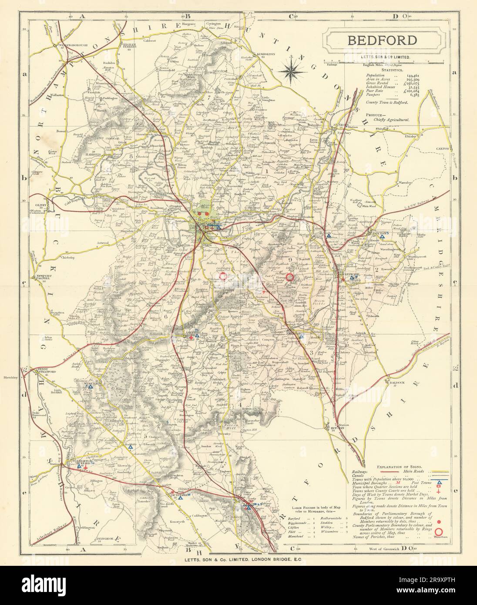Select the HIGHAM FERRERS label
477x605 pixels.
point(133,45)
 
